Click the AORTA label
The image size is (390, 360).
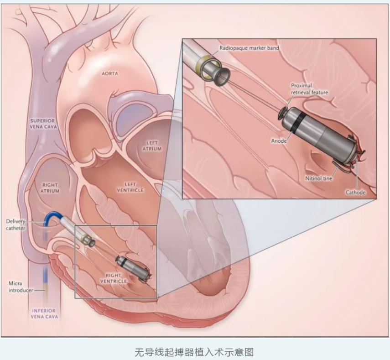tap(109, 73)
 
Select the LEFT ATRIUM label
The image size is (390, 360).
tap(152, 146)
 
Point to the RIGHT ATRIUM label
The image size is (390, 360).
tap(50, 188)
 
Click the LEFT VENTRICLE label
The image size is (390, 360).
tap(130, 188)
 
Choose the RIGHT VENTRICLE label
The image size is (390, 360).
tap(114, 278)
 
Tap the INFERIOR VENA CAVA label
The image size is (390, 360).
tap(44, 314)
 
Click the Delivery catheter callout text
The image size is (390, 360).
tap(16, 225)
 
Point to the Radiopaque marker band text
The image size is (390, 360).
tap(249, 48)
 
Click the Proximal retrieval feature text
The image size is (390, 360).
tap(310, 89)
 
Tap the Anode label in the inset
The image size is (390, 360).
tap(279, 141)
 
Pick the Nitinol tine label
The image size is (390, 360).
tap(319, 178)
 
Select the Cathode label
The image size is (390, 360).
tap(355, 192)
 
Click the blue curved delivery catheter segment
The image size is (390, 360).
tap(51, 217)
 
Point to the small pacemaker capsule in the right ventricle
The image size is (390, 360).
tap(133, 268)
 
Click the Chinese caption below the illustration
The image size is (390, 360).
tap(194, 352)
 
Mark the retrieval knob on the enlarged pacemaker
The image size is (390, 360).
tap(282, 113)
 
